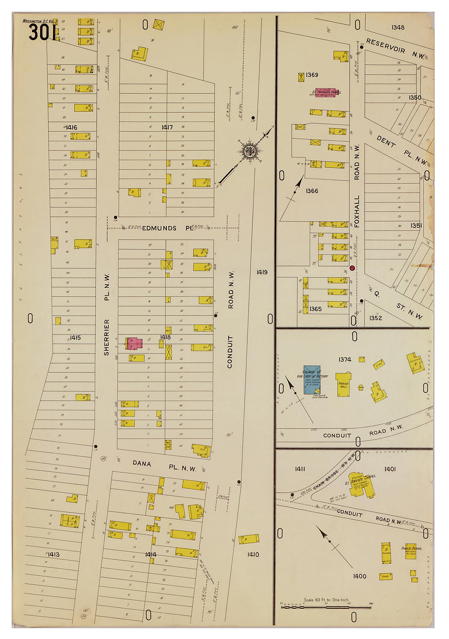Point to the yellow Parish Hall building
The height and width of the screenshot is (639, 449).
point(343,384)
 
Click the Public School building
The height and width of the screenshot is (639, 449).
point(410,551)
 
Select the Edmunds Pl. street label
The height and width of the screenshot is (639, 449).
point(167,228)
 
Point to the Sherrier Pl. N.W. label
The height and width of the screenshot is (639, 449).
point(107,314)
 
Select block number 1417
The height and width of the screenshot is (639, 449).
point(167,127)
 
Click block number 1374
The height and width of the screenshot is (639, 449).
point(345,359)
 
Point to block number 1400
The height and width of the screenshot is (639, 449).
point(359,576)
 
